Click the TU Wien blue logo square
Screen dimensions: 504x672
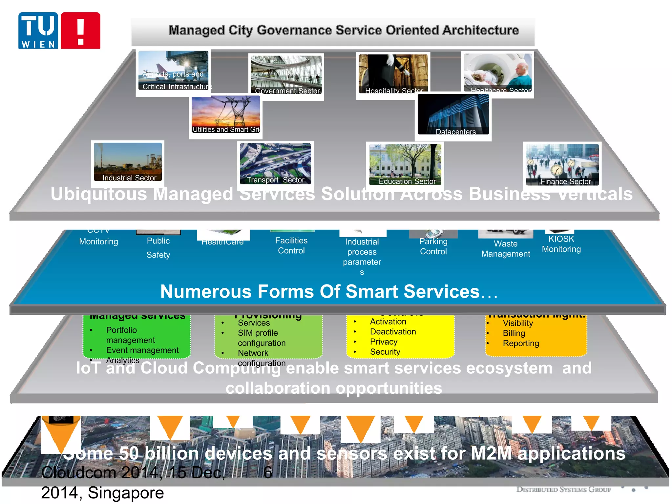coord(38,31)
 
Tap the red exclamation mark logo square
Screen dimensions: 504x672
coord(80,31)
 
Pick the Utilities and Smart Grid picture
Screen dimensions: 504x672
coord(226,115)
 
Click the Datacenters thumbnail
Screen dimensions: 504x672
coord(453,115)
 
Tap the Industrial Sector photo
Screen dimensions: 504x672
coord(128,162)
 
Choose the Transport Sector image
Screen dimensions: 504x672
coord(275,163)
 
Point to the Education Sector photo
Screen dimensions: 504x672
coord(405,164)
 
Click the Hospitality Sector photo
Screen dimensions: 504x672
coord(393,74)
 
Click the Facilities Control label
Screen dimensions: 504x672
coord(291,245)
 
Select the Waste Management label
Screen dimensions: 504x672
coord(505,249)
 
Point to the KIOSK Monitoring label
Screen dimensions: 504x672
coord(561,244)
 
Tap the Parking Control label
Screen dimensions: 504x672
coord(433,246)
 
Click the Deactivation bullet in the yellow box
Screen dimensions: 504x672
coord(393,332)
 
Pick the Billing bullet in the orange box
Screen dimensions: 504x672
coord(514,333)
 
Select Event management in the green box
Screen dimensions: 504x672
coord(142,350)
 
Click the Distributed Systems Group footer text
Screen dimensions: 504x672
coord(563,490)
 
